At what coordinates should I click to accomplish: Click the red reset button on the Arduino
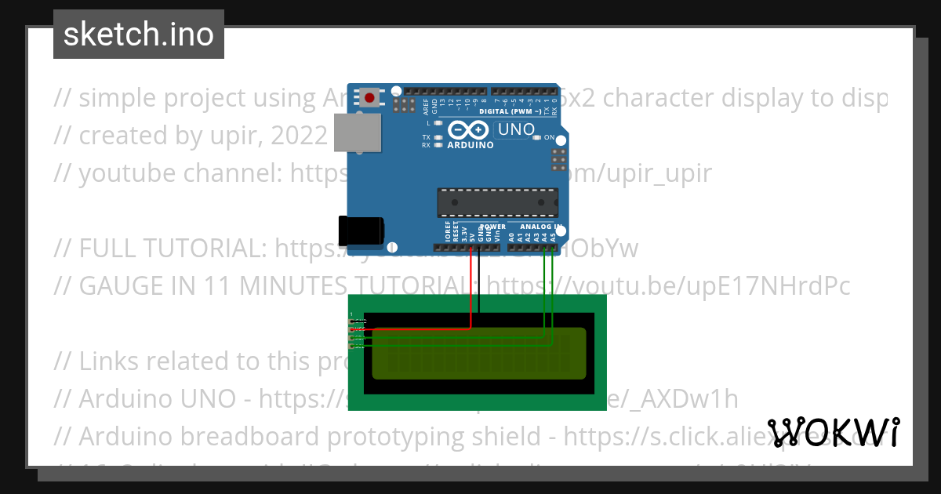(369, 98)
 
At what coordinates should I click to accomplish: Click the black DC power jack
(360, 230)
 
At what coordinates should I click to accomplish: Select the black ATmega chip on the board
(497, 202)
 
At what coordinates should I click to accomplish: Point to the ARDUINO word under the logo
(470, 145)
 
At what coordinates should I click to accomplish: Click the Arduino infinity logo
(469, 130)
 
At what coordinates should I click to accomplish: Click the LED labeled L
(438, 123)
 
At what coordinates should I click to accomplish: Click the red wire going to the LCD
(470, 290)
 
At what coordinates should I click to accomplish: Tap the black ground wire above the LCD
(479, 282)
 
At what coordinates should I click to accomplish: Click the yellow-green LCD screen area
(478, 353)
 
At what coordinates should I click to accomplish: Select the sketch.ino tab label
(139, 35)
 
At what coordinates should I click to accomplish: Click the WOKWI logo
(834, 432)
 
